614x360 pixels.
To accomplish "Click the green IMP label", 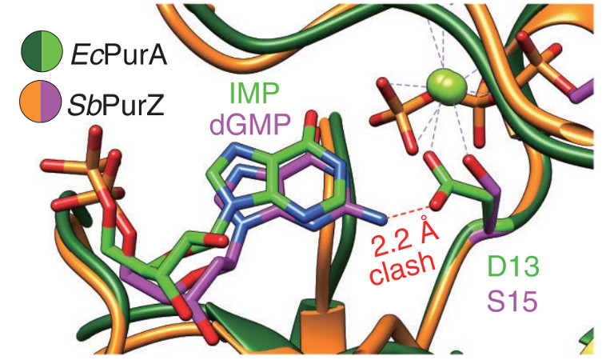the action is [254, 94].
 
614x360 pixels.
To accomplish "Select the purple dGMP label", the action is [250, 125].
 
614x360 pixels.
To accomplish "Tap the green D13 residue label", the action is [513, 266].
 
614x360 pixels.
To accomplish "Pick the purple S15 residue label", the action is [512, 302].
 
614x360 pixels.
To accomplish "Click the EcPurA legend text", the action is [118, 55].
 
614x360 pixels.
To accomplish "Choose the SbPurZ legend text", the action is [116, 105].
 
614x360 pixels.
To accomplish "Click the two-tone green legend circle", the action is [42, 51].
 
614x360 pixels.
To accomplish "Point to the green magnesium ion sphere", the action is [446, 86].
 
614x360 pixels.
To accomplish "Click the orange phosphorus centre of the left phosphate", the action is [93, 170].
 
